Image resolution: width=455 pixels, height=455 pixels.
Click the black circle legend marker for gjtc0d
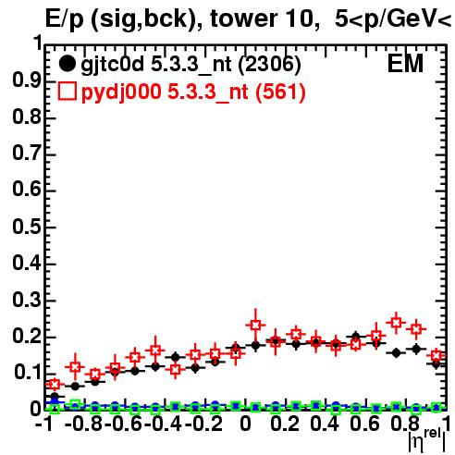[67, 64]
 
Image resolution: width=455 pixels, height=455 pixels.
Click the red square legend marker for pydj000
[67, 92]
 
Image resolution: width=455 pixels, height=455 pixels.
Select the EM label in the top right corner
[405, 64]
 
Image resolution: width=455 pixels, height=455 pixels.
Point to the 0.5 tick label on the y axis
[27, 227]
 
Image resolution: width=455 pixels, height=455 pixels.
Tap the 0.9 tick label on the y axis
[27, 80]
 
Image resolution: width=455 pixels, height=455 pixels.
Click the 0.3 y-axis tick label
[27, 300]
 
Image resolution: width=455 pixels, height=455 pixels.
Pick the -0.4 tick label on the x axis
[164, 424]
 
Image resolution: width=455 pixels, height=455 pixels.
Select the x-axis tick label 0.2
[285, 424]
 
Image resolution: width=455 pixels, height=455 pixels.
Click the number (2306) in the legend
[269, 65]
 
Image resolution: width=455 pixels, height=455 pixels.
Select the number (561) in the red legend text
[280, 92]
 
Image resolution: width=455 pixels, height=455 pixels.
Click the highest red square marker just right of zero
[255, 325]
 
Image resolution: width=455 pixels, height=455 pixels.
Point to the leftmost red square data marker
[55, 384]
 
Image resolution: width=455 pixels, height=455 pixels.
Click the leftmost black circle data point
[55, 396]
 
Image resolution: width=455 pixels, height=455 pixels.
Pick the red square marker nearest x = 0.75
[396, 323]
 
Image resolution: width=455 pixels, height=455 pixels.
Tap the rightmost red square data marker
[436, 355]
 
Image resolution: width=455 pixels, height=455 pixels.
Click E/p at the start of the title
[65, 19]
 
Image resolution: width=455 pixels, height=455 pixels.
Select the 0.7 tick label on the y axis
[27, 154]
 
